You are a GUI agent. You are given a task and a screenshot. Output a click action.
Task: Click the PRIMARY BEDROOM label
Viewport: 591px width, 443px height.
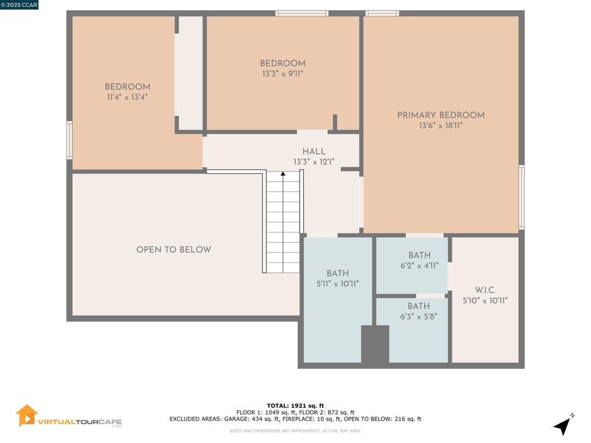(x=440, y=115)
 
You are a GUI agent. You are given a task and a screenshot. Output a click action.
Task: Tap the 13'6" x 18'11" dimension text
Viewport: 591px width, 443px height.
(x=440, y=125)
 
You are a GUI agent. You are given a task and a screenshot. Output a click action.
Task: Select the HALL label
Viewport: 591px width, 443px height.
(x=314, y=152)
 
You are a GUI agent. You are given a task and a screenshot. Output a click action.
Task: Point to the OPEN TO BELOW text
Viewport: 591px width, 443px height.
(x=173, y=249)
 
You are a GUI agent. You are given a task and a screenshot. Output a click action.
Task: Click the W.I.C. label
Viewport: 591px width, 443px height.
(x=485, y=290)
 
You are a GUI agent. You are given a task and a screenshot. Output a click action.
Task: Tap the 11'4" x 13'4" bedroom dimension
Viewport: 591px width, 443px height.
(x=127, y=97)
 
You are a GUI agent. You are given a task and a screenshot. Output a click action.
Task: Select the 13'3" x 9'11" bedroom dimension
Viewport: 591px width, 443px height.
(x=283, y=74)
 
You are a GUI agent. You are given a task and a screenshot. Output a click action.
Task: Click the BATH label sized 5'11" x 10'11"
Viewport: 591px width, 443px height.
(x=338, y=273)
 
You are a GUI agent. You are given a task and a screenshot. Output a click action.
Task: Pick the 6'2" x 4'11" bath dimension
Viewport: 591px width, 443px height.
(x=419, y=265)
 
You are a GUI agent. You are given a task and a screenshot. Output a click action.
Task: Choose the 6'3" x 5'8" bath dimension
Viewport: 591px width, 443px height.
(x=419, y=317)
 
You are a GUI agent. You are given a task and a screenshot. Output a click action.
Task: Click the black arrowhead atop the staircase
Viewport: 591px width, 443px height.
(x=283, y=174)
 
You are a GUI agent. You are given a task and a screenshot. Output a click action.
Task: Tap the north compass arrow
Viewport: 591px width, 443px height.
(x=563, y=425)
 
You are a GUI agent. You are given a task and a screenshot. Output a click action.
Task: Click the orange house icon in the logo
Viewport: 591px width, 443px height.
(x=27, y=415)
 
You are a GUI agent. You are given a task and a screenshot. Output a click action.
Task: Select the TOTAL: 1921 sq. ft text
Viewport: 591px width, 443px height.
(x=295, y=406)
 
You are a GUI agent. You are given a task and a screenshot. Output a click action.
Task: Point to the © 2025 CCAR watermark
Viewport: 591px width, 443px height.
(x=19, y=5)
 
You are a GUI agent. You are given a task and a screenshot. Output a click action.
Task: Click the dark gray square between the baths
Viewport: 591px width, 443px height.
(x=375, y=344)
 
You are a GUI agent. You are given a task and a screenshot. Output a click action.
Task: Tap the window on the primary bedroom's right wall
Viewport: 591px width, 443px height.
(x=521, y=197)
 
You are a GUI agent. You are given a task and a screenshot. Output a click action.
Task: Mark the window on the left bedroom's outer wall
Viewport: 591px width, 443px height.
(x=69, y=140)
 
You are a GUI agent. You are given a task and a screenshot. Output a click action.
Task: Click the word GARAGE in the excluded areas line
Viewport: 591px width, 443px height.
(x=236, y=419)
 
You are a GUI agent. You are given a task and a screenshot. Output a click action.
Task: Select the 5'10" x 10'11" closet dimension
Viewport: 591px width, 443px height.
(x=485, y=301)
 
